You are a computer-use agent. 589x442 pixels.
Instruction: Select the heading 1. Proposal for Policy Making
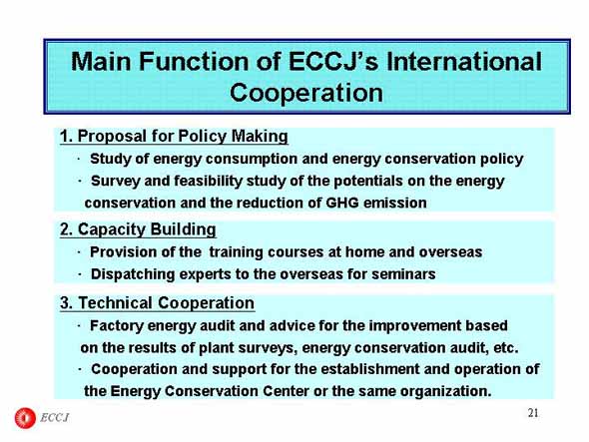click(174, 136)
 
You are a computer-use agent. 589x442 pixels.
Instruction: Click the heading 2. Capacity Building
click(138, 229)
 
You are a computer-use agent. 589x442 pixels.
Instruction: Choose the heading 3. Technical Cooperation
click(157, 302)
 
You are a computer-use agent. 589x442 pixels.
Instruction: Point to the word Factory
click(117, 325)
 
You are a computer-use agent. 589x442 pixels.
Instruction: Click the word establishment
click(370, 369)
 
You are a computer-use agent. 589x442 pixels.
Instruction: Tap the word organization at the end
click(445, 391)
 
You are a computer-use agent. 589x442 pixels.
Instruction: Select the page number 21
click(533, 413)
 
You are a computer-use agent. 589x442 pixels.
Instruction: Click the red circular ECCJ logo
click(25, 418)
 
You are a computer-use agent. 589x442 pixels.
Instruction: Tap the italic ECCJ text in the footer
click(55, 418)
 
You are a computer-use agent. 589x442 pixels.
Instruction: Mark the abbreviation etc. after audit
click(505, 348)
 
